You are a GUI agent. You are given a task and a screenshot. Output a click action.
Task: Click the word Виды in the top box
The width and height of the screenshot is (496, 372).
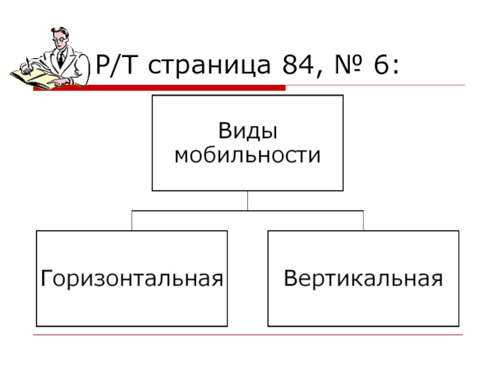247,132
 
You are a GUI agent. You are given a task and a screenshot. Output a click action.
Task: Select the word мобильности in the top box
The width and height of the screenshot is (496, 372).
247,155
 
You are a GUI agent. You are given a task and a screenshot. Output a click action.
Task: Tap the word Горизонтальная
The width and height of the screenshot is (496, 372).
131,278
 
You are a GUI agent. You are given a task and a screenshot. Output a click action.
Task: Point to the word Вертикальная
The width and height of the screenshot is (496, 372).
363,278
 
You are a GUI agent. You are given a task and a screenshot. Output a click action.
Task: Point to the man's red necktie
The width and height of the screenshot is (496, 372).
60,59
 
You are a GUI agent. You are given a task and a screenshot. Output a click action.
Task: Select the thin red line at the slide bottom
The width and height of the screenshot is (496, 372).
248,335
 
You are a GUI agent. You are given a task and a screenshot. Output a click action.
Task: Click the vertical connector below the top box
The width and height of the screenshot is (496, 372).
247,200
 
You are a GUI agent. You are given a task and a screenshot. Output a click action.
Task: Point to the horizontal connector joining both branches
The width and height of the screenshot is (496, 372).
247,211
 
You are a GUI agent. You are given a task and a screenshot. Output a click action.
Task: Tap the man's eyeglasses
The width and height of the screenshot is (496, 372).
56,39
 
